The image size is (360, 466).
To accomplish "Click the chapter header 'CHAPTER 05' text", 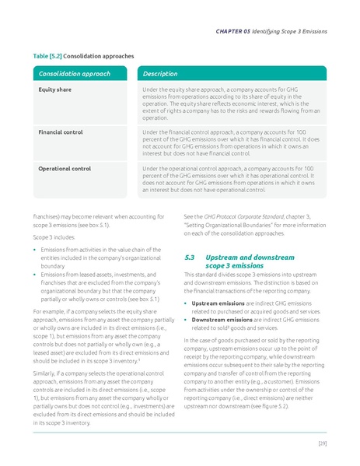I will click(x=236, y=31).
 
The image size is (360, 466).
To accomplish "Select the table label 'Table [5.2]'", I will click(x=47, y=57).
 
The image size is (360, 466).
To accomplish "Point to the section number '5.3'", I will click(x=190, y=257).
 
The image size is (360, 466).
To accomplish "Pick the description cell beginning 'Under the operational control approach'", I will click(x=232, y=178).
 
